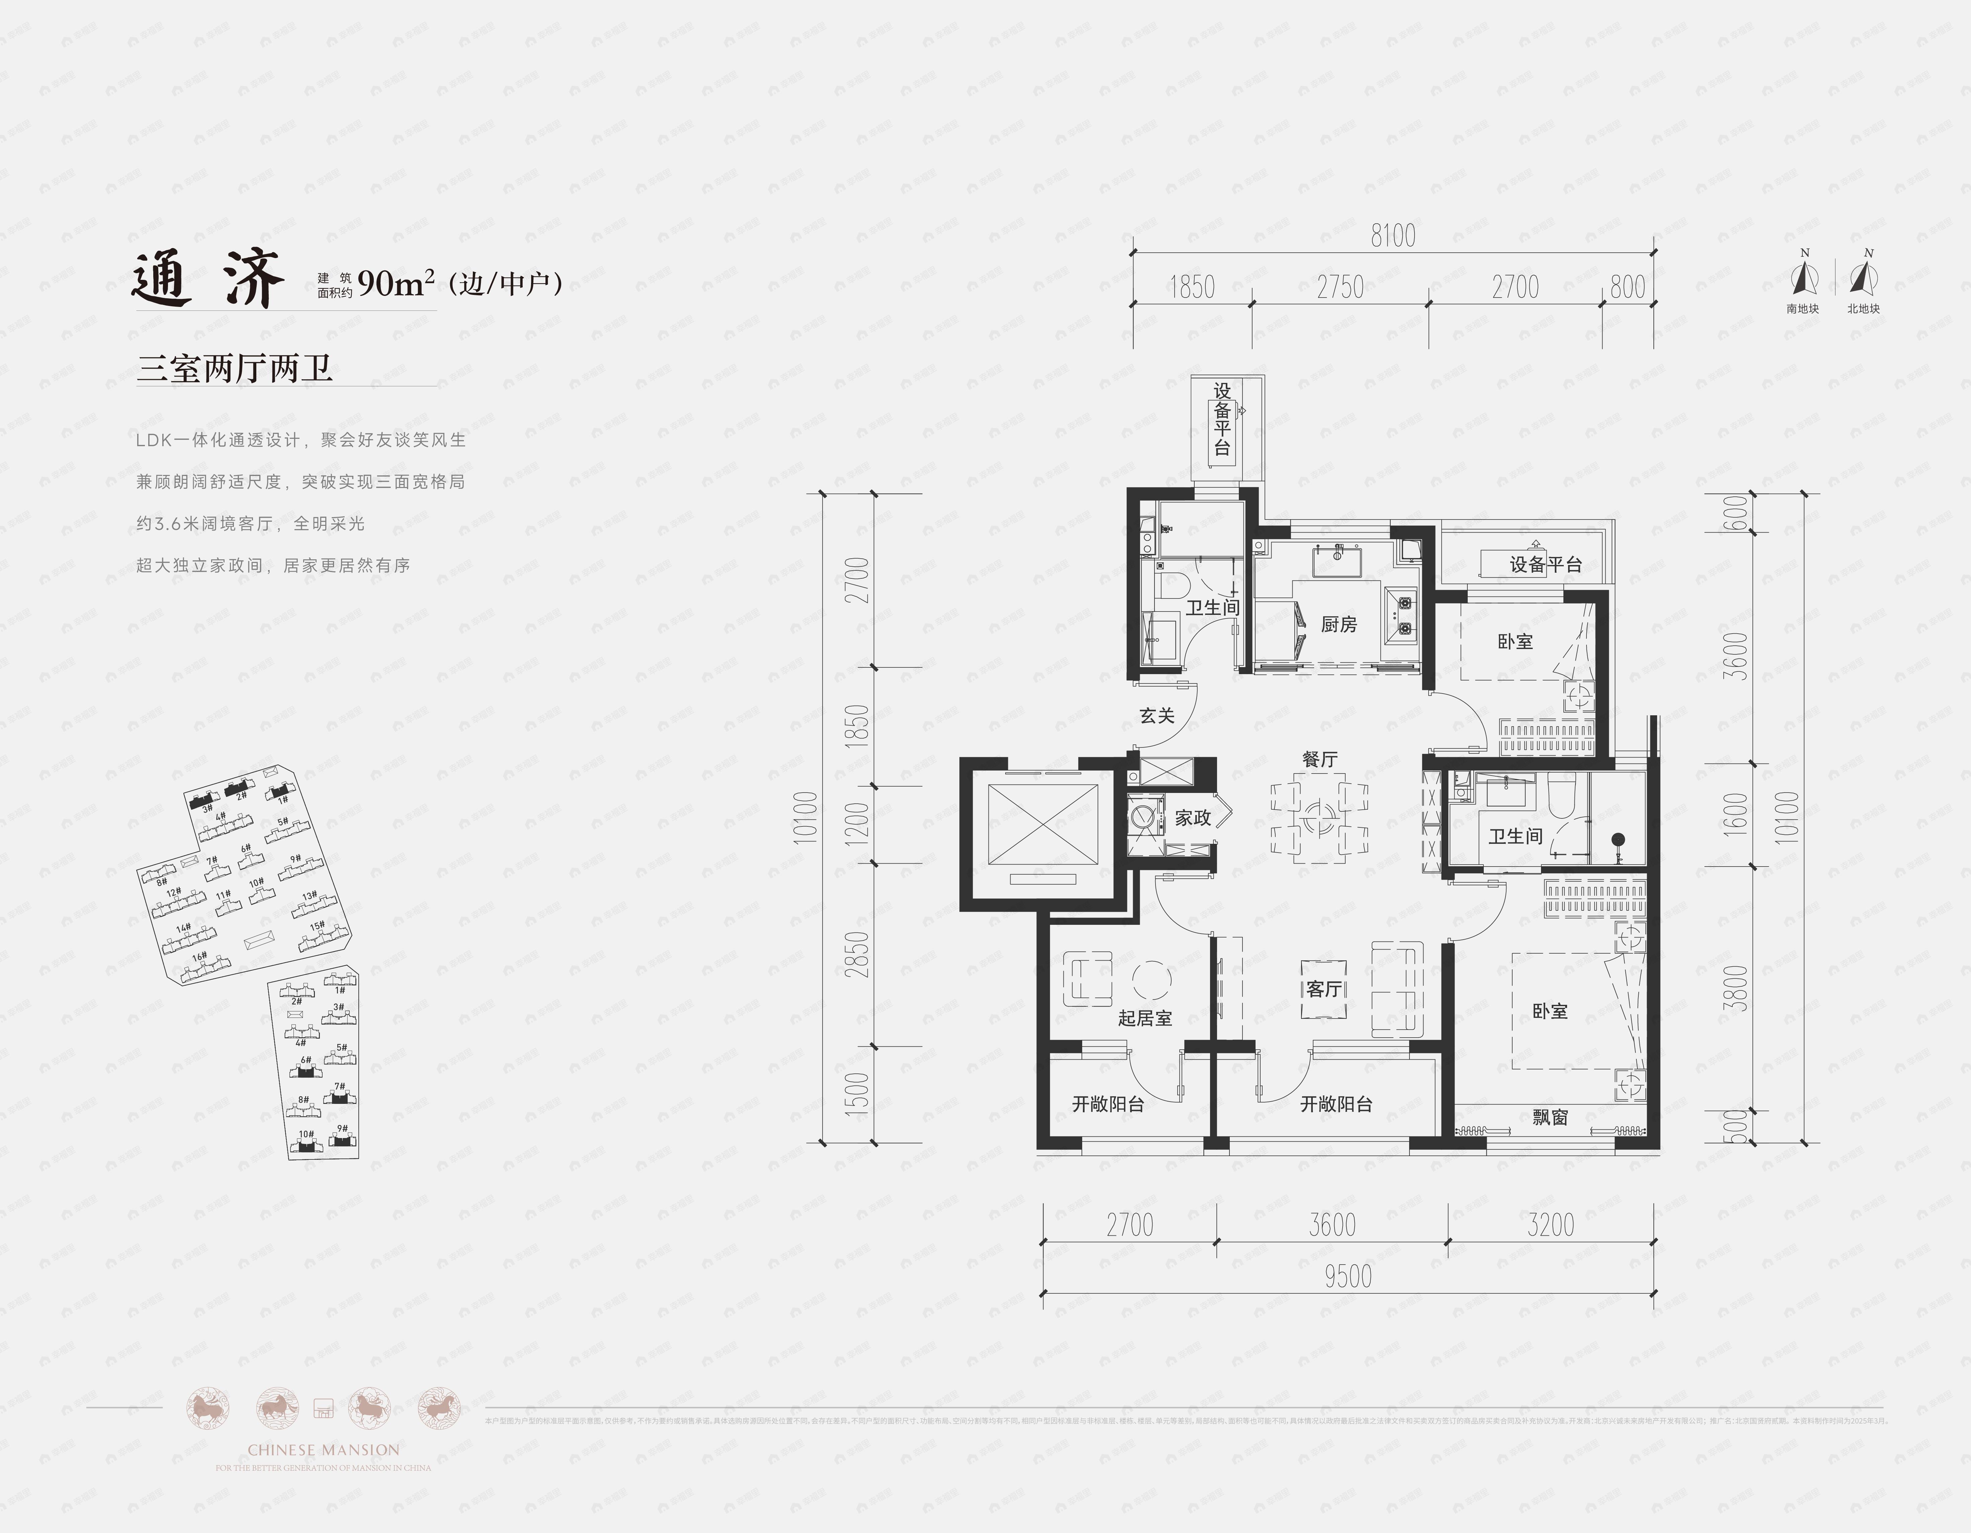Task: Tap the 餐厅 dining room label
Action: (1319, 759)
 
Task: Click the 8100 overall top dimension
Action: (1392, 237)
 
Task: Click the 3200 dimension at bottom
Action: (1550, 1225)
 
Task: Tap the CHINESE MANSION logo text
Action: (323, 1450)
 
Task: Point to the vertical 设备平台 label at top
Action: (1222, 420)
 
